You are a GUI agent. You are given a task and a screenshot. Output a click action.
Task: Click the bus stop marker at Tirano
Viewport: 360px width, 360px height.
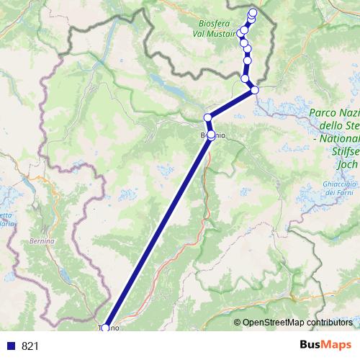[x=105, y=328]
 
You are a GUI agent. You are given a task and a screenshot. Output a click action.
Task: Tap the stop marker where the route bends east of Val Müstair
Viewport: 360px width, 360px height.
[x=254, y=90]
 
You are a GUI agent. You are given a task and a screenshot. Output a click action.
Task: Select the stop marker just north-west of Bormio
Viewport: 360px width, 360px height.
[x=207, y=117]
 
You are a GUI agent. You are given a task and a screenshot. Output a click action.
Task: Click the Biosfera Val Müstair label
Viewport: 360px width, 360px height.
[x=218, y=27]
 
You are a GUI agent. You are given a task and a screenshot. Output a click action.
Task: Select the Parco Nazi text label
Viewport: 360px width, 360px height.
[x=334, y=113]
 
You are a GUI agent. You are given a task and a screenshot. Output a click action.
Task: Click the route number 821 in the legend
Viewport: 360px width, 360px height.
[x=30, y=346]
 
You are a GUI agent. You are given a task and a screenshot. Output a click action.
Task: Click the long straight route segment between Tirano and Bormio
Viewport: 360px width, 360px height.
[x=158, y=230]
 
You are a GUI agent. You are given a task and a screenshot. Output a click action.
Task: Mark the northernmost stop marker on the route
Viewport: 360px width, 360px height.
[x=253, y=12]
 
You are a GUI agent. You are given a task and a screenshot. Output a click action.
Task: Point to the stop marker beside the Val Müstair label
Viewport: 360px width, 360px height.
[x=242, y=33]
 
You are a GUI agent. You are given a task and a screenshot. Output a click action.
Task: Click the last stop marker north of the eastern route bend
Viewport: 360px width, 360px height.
[x=245, y=78]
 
